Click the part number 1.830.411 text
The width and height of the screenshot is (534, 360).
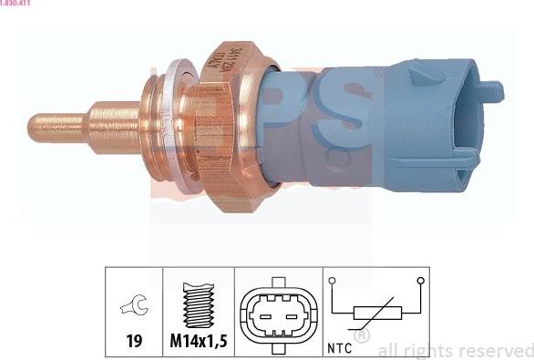(17, 4)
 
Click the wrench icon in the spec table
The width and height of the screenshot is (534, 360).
(133, 310)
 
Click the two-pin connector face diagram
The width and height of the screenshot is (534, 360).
(278, 315)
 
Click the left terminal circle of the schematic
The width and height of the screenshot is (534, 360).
(334, 281)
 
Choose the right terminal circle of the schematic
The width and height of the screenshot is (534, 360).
(419, 281)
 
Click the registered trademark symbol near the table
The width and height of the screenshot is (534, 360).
(362, 337)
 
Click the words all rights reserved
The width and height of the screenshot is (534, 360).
(455, 350)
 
